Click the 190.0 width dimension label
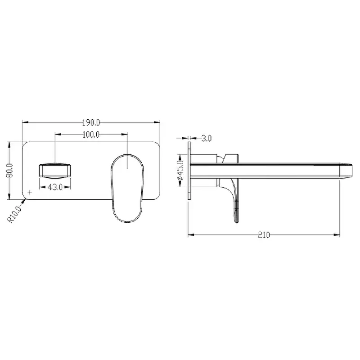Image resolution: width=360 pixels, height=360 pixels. click(91, 123)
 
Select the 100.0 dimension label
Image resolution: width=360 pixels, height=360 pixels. click(91, 135)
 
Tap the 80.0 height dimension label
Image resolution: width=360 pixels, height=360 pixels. click(10, 171)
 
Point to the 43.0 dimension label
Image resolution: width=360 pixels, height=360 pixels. click(55, 187)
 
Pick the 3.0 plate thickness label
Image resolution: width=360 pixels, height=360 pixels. click(207, 139)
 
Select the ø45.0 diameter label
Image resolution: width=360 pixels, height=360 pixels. click(180, 170)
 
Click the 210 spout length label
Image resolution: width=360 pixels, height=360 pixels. click(264, 235)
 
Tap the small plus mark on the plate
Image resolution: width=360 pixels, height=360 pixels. click(30, 192)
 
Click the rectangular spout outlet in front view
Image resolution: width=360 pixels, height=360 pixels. click(55, 170)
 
